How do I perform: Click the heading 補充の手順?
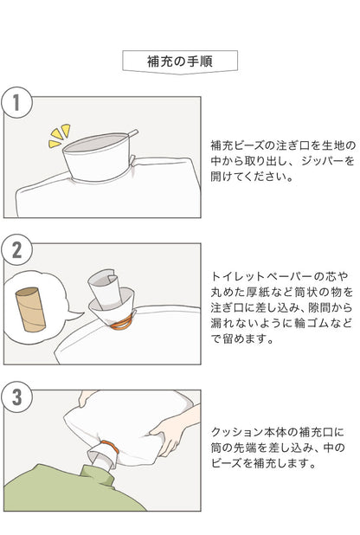tap(179, 61)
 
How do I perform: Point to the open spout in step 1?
tap(100, 151)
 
